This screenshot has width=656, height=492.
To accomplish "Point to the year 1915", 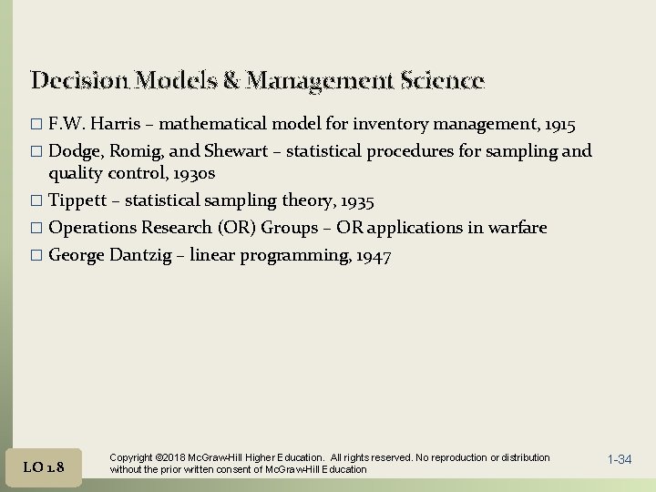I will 556,123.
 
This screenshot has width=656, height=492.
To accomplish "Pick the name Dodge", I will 74,150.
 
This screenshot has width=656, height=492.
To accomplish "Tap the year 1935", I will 355,200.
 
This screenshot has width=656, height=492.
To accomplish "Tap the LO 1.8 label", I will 44,467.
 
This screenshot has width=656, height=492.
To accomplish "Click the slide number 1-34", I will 619,459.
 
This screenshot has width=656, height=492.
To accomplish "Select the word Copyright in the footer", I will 131,457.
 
